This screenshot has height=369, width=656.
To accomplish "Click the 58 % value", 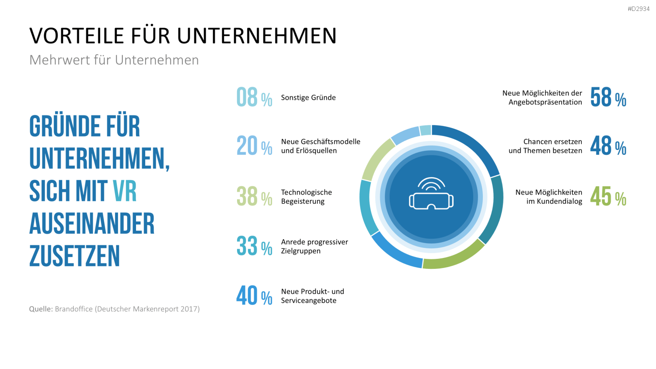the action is (608, 97).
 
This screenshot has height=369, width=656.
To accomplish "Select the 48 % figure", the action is (608, 146).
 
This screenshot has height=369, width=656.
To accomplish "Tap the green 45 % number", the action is (608, 196).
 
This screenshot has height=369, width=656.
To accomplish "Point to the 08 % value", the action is (254, 97).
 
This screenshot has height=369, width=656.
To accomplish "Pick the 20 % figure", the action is (254, 146).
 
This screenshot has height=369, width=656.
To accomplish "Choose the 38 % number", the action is (254, 196).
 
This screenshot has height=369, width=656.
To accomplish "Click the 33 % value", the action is (254, 246).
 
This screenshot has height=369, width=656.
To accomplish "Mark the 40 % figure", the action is (254, 296).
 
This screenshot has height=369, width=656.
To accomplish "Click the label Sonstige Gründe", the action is (308, 97).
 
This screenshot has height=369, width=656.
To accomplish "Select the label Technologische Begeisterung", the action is (306, 196).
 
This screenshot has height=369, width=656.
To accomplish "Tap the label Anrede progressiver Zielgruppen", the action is (314, 246).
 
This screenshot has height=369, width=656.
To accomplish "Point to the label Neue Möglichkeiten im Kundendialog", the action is (549, 196).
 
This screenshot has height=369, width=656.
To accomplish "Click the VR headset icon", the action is (431, 194).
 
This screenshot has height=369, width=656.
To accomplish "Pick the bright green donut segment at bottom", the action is (454, 257).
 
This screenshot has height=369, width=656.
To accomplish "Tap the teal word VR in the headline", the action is (125, 191).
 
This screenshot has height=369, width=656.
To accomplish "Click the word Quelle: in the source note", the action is (41, 309).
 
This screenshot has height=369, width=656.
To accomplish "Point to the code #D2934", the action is (639, 9).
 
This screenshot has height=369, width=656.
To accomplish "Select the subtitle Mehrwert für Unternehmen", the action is (114, 60).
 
